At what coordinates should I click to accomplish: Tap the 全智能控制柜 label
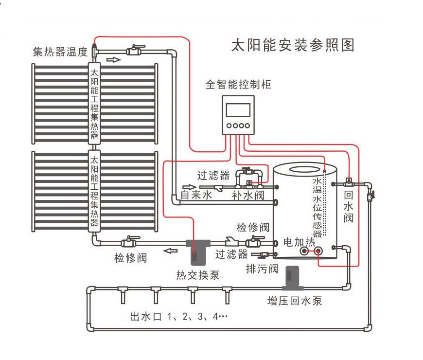click(x=238, y=84)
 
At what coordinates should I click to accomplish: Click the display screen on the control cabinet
click(x=238, y=109)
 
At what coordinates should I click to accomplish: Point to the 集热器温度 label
click(x=60, y=52)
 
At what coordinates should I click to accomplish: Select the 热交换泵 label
click(x=197, y=275)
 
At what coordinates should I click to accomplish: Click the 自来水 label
click(x=196, y=195)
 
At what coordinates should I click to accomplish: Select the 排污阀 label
click(x=262, y=269)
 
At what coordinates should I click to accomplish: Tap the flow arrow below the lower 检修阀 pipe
click(x=170, y=251)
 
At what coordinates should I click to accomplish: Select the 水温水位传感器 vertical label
click(x=317, y=206)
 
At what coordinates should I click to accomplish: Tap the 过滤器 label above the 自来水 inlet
click(x=213, y=175)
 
